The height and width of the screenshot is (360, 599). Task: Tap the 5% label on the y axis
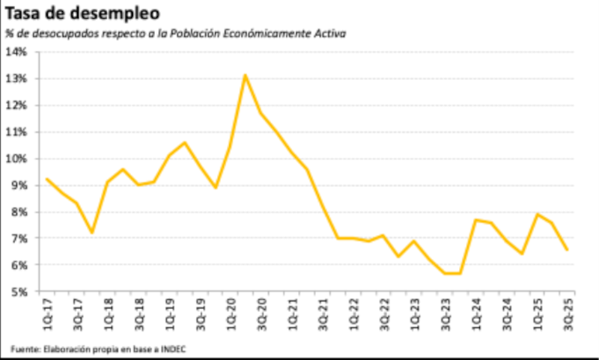(x=19, y=292)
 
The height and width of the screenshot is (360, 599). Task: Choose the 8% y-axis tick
(x=19, y=212)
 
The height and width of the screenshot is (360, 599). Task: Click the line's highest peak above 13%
(x=245, y=75)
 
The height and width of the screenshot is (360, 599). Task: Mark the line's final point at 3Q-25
(x=568, y=250)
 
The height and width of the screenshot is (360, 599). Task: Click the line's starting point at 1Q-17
(x=47, y=179)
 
